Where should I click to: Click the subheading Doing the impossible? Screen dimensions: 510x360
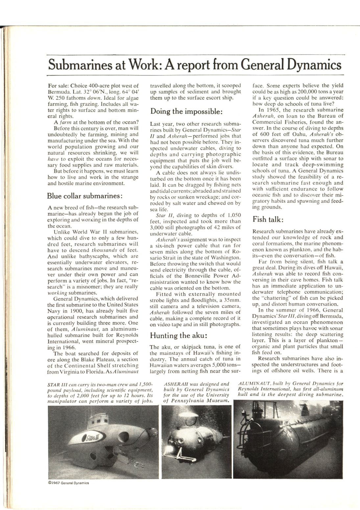tap(186, 111)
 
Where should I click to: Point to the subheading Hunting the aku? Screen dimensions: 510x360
tap(178, 335)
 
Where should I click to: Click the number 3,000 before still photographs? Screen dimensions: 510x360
tap(157, 227)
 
